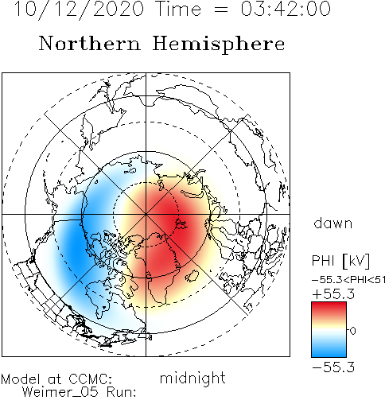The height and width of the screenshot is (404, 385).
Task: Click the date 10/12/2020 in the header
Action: [x=79, y=10]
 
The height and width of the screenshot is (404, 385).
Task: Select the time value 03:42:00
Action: [x=286, y=9]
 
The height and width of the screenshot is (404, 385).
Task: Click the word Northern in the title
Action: [x=90, y=43]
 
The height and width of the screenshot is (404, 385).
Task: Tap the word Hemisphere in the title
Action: [x=219, y=45]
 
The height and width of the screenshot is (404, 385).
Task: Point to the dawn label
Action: [x=333, y=223]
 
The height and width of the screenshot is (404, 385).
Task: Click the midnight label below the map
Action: [x=192, y=379]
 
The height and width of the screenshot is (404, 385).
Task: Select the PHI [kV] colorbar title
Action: [x=340, y=261]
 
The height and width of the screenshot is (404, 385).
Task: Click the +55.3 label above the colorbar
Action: [x=333, y=294]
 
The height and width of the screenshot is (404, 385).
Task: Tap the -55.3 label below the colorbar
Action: [x=333, y=367]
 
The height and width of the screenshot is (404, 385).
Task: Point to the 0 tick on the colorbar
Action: [x=352, y=331]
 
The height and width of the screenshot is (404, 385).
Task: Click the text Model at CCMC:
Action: [x=56, y=379]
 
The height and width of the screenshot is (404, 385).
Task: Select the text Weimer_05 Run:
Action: [x=79, y=392]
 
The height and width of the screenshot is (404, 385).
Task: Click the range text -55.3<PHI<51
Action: [x=348, y=280]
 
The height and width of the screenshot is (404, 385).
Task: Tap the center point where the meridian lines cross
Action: [x=146, y=214]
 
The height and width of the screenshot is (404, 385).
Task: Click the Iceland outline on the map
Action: [x=192, y=276]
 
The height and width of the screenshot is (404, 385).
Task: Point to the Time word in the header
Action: [x=179, y=9]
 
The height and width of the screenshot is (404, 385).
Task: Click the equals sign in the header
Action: [x=220, y=10]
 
